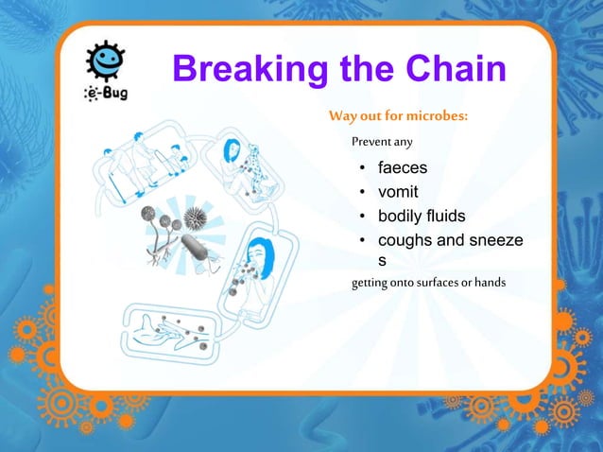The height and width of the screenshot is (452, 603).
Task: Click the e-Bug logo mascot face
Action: [101, 61]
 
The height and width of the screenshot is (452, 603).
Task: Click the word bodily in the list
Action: [402, 216]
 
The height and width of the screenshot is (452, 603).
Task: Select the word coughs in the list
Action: [405, 240]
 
